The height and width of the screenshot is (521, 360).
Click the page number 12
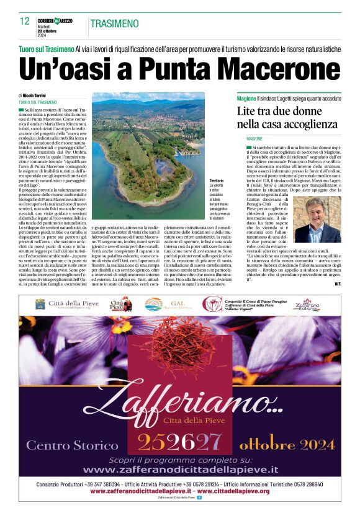pyautogui.click(x=25, y=21)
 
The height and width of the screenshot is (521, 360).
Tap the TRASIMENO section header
pyautogui.click(x=114, y=24)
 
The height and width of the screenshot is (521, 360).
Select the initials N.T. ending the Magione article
pyautogui.click(x=336, y=284)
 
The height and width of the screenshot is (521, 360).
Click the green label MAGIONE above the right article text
pyautogui.click(x=246, y=138)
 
